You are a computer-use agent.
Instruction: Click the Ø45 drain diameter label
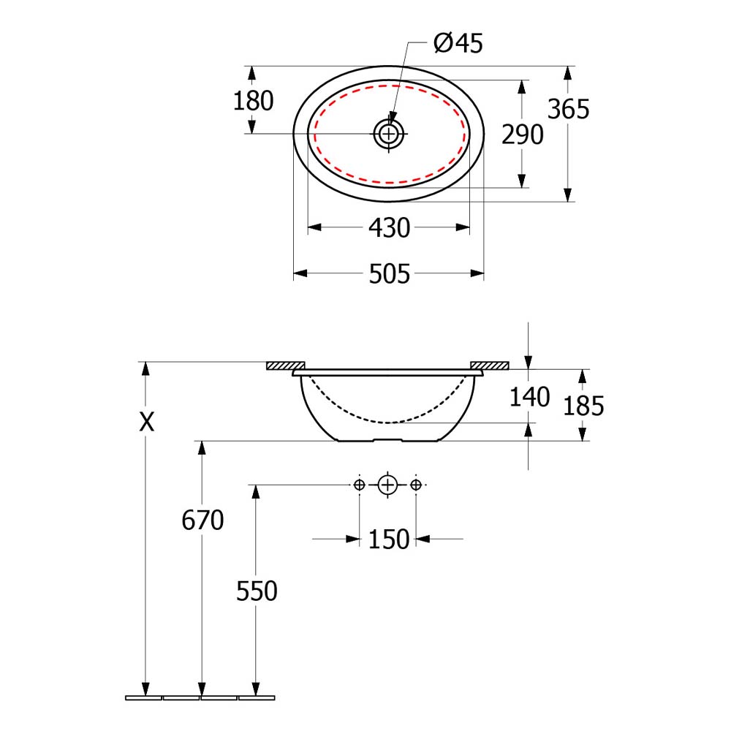[x=458, y=43]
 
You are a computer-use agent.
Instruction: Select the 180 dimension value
[x=253, y=101]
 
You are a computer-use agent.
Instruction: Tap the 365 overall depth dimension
[x=568, y=109]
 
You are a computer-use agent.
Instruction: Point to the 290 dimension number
[x=523, y=135]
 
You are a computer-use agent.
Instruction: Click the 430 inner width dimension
[x=390, y=228]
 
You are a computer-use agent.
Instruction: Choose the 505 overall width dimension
[x=390, y=273]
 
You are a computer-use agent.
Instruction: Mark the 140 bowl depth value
[x=529, y=397]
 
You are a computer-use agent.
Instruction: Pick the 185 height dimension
[x=583, y=406]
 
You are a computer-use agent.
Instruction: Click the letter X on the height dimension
[x=147, y=423]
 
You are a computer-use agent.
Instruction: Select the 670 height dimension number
[x=202, y=520]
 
